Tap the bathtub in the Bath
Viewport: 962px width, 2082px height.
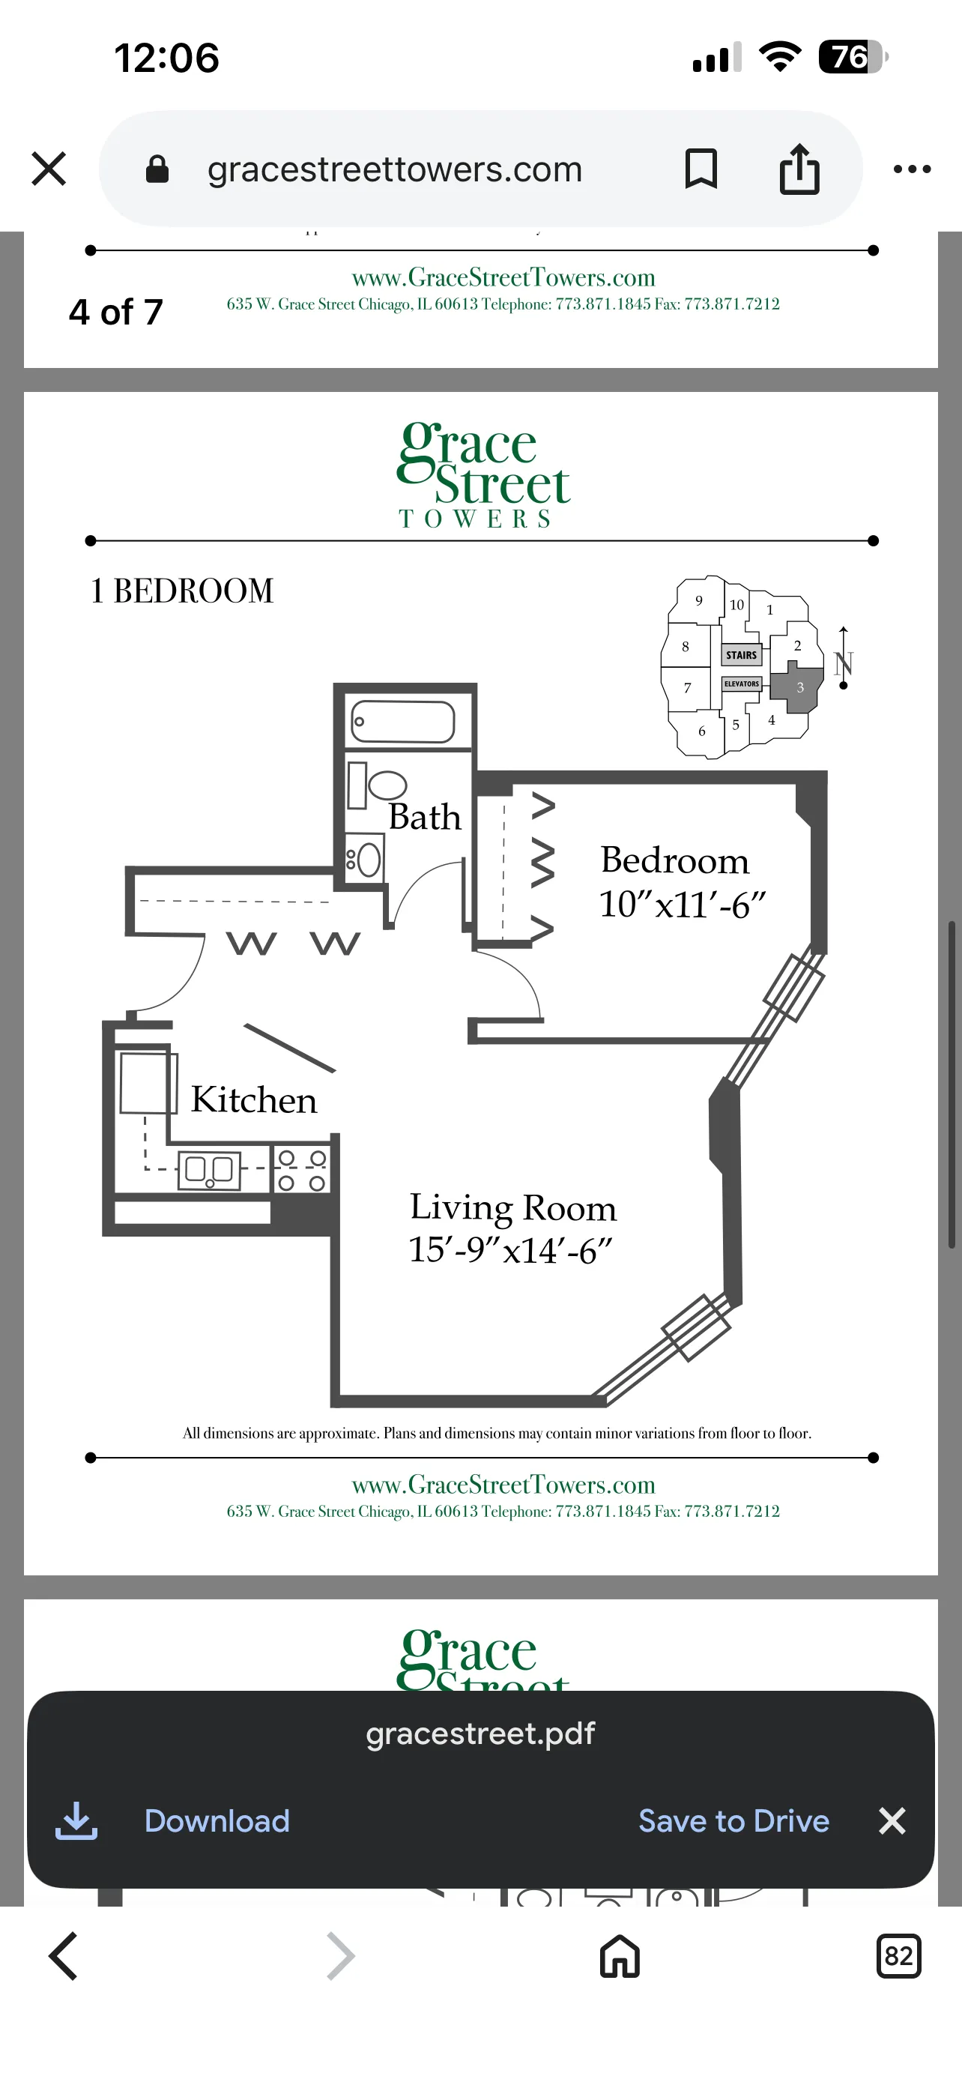click(x=403, y=722)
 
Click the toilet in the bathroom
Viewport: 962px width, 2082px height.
click(x=385, y=785)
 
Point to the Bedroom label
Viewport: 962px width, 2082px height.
click(x=674, y=860)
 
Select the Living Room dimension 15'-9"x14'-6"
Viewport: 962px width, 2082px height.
click(x=510, y=1249)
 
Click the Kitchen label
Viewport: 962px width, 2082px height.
click(x=254, y=1100)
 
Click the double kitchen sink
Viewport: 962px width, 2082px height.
click(x=209, y=1169)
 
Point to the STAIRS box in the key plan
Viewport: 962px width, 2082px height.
click(x=741, y=655)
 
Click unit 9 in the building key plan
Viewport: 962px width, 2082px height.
click(x=699, y=600)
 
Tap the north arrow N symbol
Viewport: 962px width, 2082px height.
click(x=844, y=663)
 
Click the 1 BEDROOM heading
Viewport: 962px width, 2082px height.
click(x=182, y=591)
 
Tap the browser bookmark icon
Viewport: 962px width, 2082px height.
click(x=701, y=169)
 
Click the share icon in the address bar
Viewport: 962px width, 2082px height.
click(x=799, y=169)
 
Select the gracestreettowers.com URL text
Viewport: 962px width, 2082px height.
click(x=394, y=169)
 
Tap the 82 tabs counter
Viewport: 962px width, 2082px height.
click(x=898, y=1956)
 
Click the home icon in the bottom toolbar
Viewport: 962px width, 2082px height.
click(x=620, y=1956)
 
